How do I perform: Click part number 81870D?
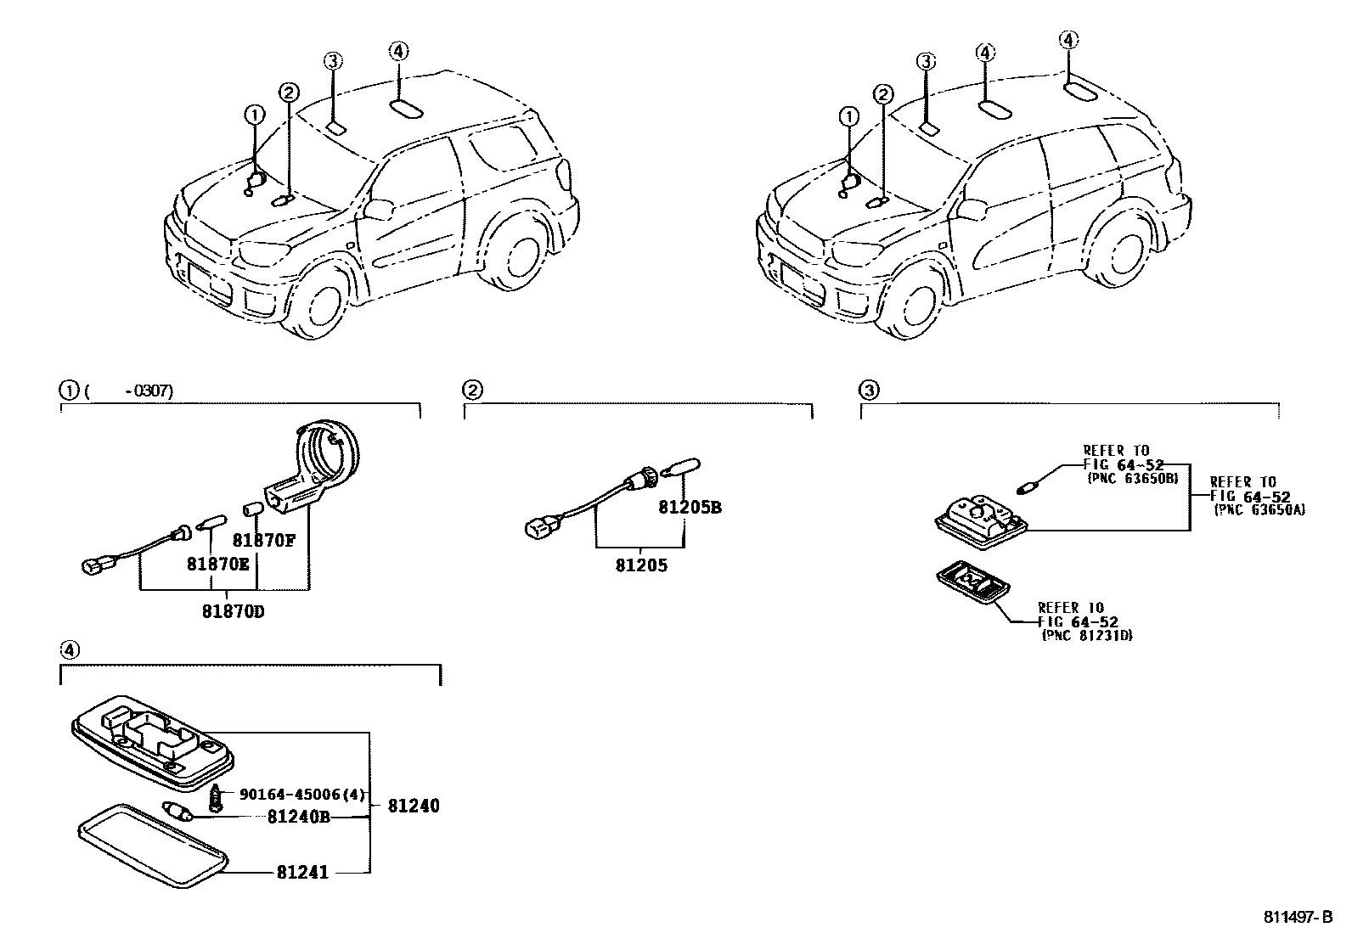tap(233, 610)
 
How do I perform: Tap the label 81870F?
tap(264, 539)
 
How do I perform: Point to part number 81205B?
tap(690, 508)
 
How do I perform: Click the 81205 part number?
tap(641, 565)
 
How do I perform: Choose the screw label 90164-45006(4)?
tap(301, 795)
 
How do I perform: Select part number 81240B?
tap(298, 817)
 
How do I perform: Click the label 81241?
tap(301, 872)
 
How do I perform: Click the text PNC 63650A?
tap(1259, 510)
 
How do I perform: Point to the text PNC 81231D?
tap(1086, 635)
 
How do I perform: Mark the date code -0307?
tap(148, 391)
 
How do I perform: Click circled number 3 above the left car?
tap(333, 60)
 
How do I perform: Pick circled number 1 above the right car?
tap(848, 116)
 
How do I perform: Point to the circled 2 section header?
tap(471, 390)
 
